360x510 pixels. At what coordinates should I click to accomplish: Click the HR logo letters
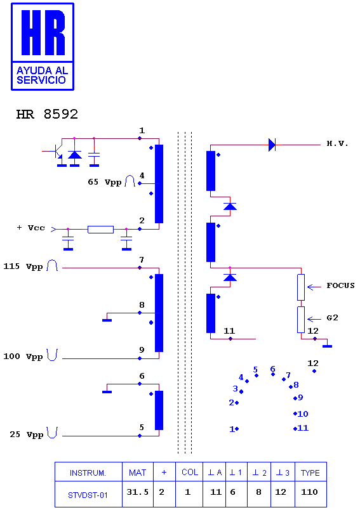[43, 32]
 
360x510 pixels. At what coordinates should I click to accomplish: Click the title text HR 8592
[47, 114]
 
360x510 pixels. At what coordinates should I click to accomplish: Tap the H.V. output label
[337, 144]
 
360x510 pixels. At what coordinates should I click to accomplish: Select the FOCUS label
[340, 285]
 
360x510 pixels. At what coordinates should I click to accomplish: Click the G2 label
[332, 318]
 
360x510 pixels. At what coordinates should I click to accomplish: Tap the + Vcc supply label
[30, 228]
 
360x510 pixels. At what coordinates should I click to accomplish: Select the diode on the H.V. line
[272, 145]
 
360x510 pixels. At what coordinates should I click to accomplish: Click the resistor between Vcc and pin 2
[100, 229]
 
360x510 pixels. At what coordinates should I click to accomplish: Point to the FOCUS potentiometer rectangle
[301, 287]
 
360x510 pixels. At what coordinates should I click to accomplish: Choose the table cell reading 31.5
[137, 492]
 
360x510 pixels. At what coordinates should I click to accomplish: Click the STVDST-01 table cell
[88, 495]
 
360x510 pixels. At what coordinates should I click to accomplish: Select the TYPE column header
[310, 473]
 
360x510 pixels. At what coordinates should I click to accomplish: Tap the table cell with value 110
[309, 492]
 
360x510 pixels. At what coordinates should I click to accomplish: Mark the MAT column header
[137, 473]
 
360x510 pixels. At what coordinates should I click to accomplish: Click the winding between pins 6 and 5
[159, 410]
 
